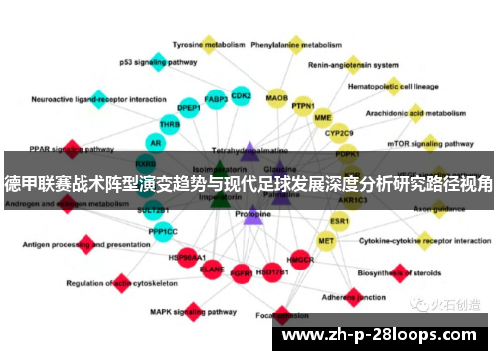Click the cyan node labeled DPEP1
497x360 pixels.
tap(188, 107)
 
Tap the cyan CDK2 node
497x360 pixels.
tap(241, 96)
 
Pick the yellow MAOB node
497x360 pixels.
tap(277, 98)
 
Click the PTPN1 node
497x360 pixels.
tap(303, 106)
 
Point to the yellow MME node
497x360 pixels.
tap(323, 118)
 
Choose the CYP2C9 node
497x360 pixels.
tap(339, 132)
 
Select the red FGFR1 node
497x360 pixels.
tap(241, 270)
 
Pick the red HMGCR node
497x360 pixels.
tap(300, 260)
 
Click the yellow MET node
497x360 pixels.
tap(326, 240)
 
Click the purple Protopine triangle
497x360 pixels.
tap(252, 214)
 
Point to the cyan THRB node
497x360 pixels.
tap(170, 125)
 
